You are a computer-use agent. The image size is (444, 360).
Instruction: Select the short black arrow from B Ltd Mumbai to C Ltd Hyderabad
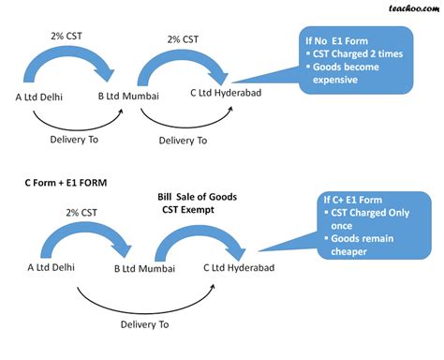click(184, 118)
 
